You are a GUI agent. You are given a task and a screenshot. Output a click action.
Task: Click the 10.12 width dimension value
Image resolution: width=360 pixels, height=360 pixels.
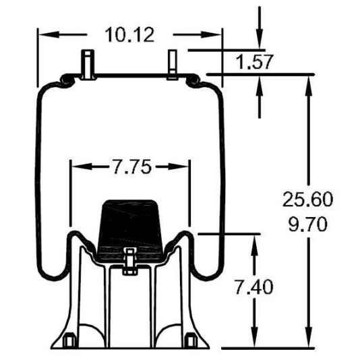pyautogui.click(x=129, y=35)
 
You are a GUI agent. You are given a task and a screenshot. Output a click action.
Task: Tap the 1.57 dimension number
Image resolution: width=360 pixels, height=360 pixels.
pyautogui.click(x=254, y=62)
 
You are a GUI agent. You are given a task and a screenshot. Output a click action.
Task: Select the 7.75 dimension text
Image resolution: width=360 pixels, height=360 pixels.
pyautogui.click(x=133, y=167)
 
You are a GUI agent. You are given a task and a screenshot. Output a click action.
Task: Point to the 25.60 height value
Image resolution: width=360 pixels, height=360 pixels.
pyautogui.click(x=307, y=199)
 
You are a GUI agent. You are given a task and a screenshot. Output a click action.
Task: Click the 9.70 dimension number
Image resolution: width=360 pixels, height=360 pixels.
pyautogui.click(x=307, y=224)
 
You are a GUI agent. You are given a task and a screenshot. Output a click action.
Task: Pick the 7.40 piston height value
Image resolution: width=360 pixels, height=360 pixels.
pyautogui.click(x=253, y=287)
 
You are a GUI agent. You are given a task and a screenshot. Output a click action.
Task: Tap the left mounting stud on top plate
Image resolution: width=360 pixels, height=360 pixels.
pyautogui.click(x=88, y=65)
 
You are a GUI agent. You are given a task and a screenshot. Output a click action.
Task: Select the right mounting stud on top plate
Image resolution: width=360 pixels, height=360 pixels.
pyautogui.click(x=172, y=65)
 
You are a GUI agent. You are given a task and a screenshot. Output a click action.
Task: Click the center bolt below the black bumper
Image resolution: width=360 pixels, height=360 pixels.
pyautogui.click(x=130, y=262)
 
